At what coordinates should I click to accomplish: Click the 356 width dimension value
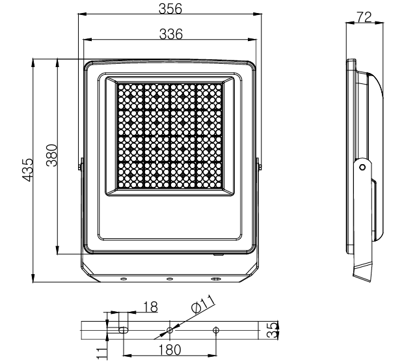point(170,8)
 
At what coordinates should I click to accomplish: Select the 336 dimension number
point(171,34)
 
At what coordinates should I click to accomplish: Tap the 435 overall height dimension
point(27,170)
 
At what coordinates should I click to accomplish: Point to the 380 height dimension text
point(51,156)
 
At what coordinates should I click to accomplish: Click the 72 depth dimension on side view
point(364,18)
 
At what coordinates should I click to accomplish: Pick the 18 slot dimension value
point(150,307)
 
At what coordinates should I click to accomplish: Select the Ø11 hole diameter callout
point(203,304)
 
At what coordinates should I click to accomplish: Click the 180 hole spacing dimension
point(170,350)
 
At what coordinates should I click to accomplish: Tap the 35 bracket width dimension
point(272,329)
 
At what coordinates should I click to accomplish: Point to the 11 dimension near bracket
point(101,353)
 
